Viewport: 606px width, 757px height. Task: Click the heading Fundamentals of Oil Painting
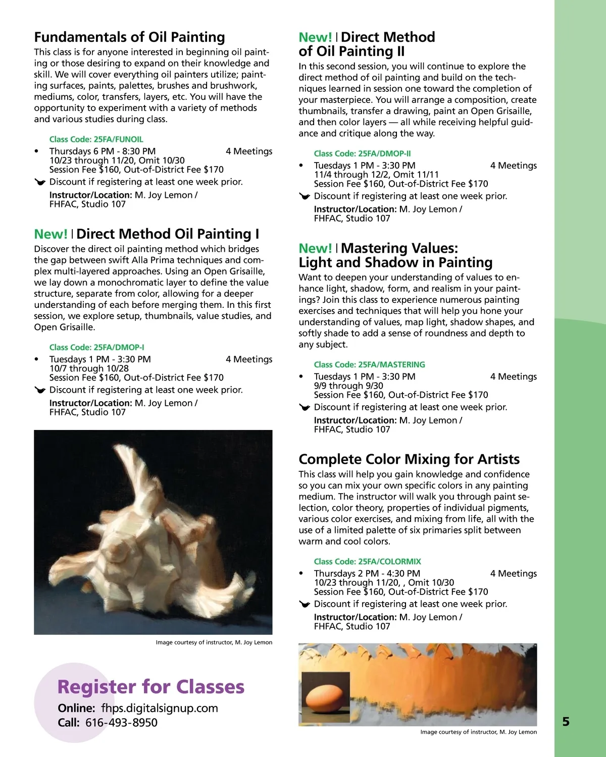(x=129, y=37)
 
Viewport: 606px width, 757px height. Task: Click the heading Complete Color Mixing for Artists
(x=409, y=459)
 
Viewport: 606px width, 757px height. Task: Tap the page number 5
(x=566, y=722)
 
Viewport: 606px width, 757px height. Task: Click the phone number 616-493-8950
(x=121, y=723)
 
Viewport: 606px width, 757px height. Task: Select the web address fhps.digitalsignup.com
(x=159, y=708)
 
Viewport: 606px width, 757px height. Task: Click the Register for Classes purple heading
(x=150, y=687)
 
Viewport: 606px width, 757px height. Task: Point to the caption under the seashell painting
(x=214, y=642)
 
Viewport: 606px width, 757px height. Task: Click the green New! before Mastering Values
(x=315, y=248)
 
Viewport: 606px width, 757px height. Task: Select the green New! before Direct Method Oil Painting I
(x=50, y=234)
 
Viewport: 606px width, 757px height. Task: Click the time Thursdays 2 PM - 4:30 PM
(x=367, y=573)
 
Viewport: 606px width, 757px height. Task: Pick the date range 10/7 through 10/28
(x=89, y=368)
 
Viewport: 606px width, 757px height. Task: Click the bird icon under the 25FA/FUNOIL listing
(x=40, y=182)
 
